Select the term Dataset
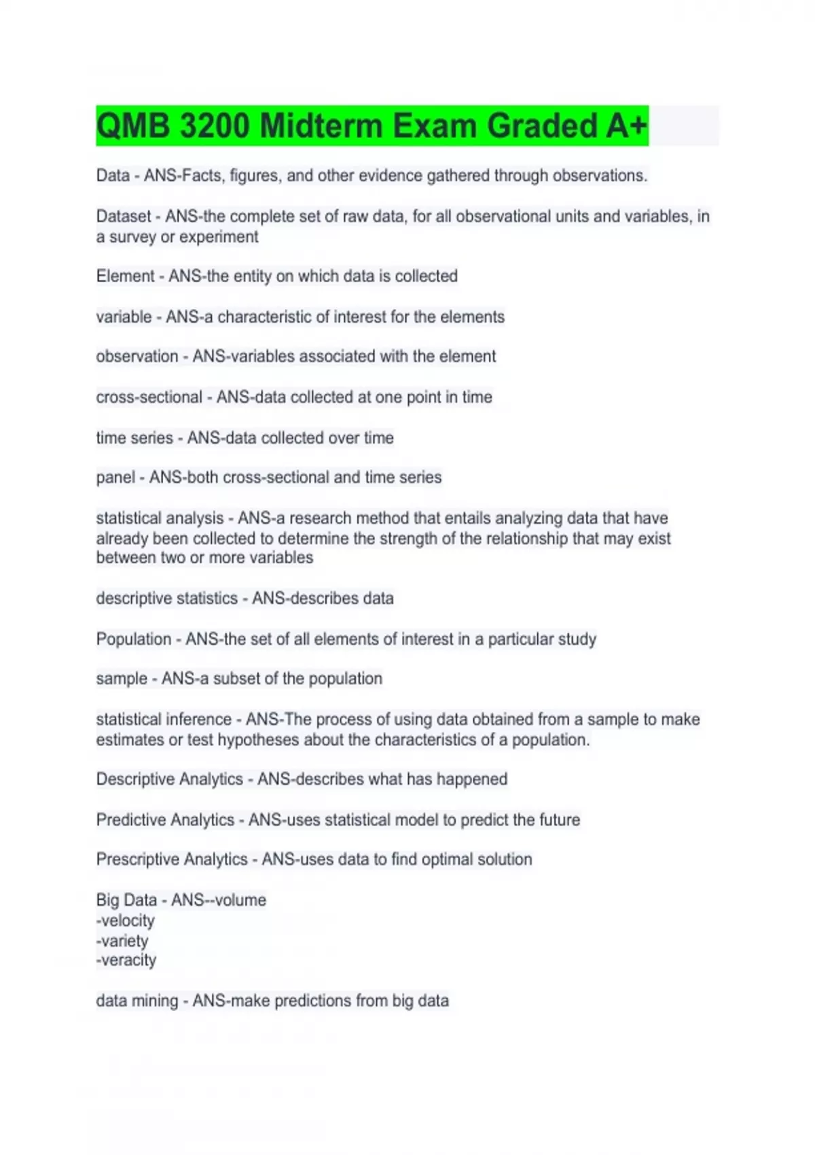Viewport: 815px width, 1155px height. (x=124, y=217)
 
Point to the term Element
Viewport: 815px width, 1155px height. (x=126, y=277)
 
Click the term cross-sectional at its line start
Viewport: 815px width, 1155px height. (x=149, y=397)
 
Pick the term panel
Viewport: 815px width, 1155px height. (x=115, y=478)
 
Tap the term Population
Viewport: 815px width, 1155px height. (x=134, y=639)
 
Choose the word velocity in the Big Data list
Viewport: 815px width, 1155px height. (x=127, y=921)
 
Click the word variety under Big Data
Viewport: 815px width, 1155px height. (x=124, y=941)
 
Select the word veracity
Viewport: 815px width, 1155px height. (x=128, y=961)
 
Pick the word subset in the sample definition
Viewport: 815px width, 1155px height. (x=233, y=679)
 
